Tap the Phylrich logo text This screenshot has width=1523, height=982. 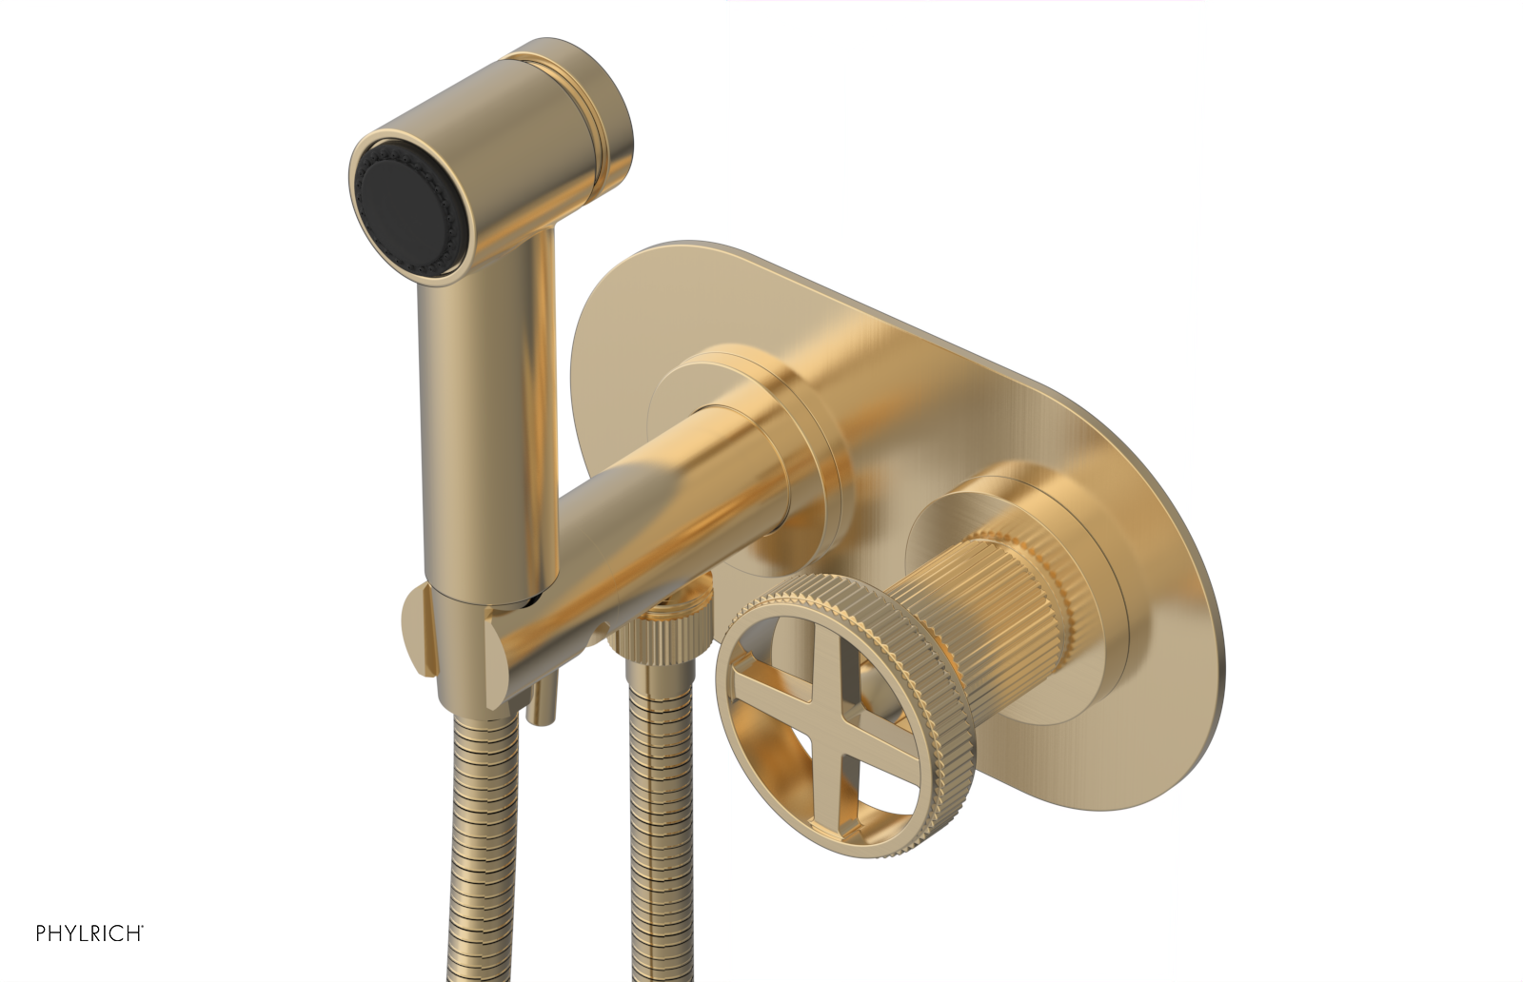pos(89,933)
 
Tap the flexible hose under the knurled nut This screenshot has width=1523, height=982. pos(657,837)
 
